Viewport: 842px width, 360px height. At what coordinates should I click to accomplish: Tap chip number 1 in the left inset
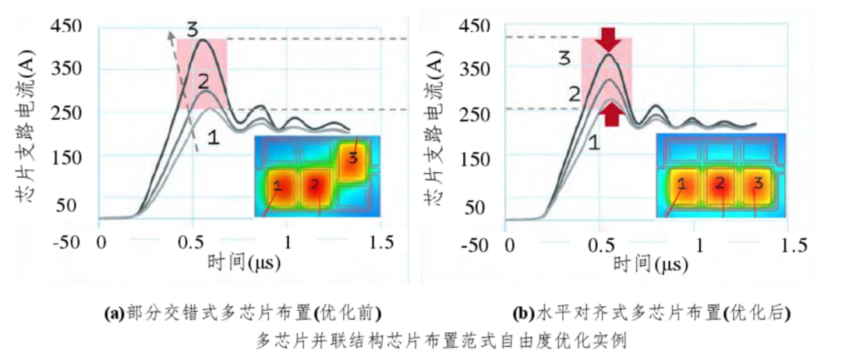pos(278,186)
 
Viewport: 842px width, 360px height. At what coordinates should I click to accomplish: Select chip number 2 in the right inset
pos(721,185)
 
